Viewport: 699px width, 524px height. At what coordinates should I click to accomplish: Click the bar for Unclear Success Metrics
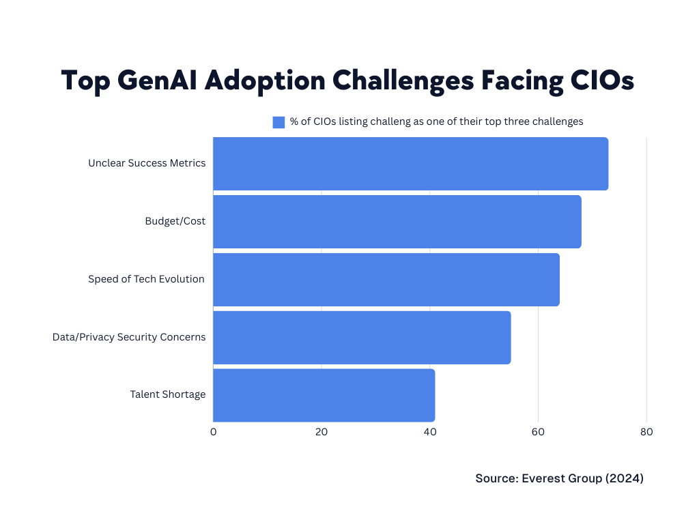410,164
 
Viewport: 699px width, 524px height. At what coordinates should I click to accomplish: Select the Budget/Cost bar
397,222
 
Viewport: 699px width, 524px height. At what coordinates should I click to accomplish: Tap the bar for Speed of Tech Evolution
386,280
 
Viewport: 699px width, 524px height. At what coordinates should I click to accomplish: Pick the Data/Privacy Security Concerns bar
362,338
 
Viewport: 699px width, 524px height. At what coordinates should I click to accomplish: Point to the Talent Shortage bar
324,395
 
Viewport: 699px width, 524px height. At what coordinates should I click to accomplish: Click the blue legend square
279,122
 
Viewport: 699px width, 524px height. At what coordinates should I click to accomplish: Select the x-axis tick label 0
213,432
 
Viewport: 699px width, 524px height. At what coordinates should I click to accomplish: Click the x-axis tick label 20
322,432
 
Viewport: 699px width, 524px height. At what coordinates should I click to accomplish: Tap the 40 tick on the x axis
429,432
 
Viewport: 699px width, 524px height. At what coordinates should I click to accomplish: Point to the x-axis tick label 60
538,432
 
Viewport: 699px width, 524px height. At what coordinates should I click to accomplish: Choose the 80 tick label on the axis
646,432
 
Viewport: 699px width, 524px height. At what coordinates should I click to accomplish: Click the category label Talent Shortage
167,394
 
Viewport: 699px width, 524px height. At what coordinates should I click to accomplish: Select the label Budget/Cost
175,221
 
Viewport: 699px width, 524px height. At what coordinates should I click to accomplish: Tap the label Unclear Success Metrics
147,163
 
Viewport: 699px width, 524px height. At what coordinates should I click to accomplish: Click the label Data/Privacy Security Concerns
129,337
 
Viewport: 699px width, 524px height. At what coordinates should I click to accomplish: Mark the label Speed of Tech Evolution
146,279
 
